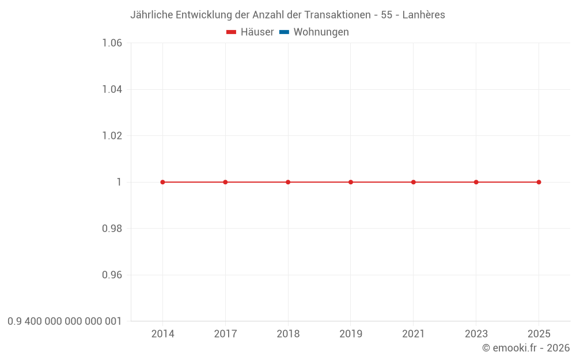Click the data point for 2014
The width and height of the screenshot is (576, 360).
(162, 182)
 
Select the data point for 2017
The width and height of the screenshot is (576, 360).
(225, 182)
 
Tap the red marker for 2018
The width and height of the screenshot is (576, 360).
(288, 182)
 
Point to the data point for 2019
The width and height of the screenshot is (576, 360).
(351, 182)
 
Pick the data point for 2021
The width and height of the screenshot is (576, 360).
(414, 182)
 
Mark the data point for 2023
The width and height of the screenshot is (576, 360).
(476, 182)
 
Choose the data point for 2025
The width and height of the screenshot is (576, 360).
(539, 182)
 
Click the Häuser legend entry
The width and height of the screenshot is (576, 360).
(250, 32)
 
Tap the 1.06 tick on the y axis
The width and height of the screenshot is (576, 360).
(112, 43)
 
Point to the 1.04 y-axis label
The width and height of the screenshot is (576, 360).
(112, 89)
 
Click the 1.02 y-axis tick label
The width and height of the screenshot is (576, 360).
(112, 136)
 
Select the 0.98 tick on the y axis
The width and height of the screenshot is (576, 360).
(112, 229)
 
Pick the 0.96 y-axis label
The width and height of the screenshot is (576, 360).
(112, 275)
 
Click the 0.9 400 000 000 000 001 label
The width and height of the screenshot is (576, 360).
(65, 321)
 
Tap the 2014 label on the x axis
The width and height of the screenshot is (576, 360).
(162, 334)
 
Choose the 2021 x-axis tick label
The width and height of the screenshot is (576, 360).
(414, 334)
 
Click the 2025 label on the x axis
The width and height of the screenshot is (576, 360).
(539, 334)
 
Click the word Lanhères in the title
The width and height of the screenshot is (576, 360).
(423, 15)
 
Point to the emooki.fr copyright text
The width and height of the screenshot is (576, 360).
(525, 348)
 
